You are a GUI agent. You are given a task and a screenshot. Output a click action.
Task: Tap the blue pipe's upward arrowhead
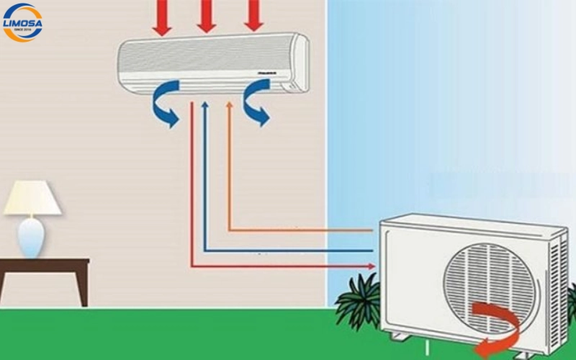[205, 106]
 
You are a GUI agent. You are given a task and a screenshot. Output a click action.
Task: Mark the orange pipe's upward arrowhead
[229, 106]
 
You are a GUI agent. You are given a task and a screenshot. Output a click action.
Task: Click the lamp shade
[32, 198]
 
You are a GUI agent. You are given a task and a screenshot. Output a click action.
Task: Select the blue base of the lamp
[30, 236]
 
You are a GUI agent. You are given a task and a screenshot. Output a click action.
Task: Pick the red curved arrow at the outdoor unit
[497, 324]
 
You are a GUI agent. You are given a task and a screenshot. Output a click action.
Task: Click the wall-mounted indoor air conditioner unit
[213, 63]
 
